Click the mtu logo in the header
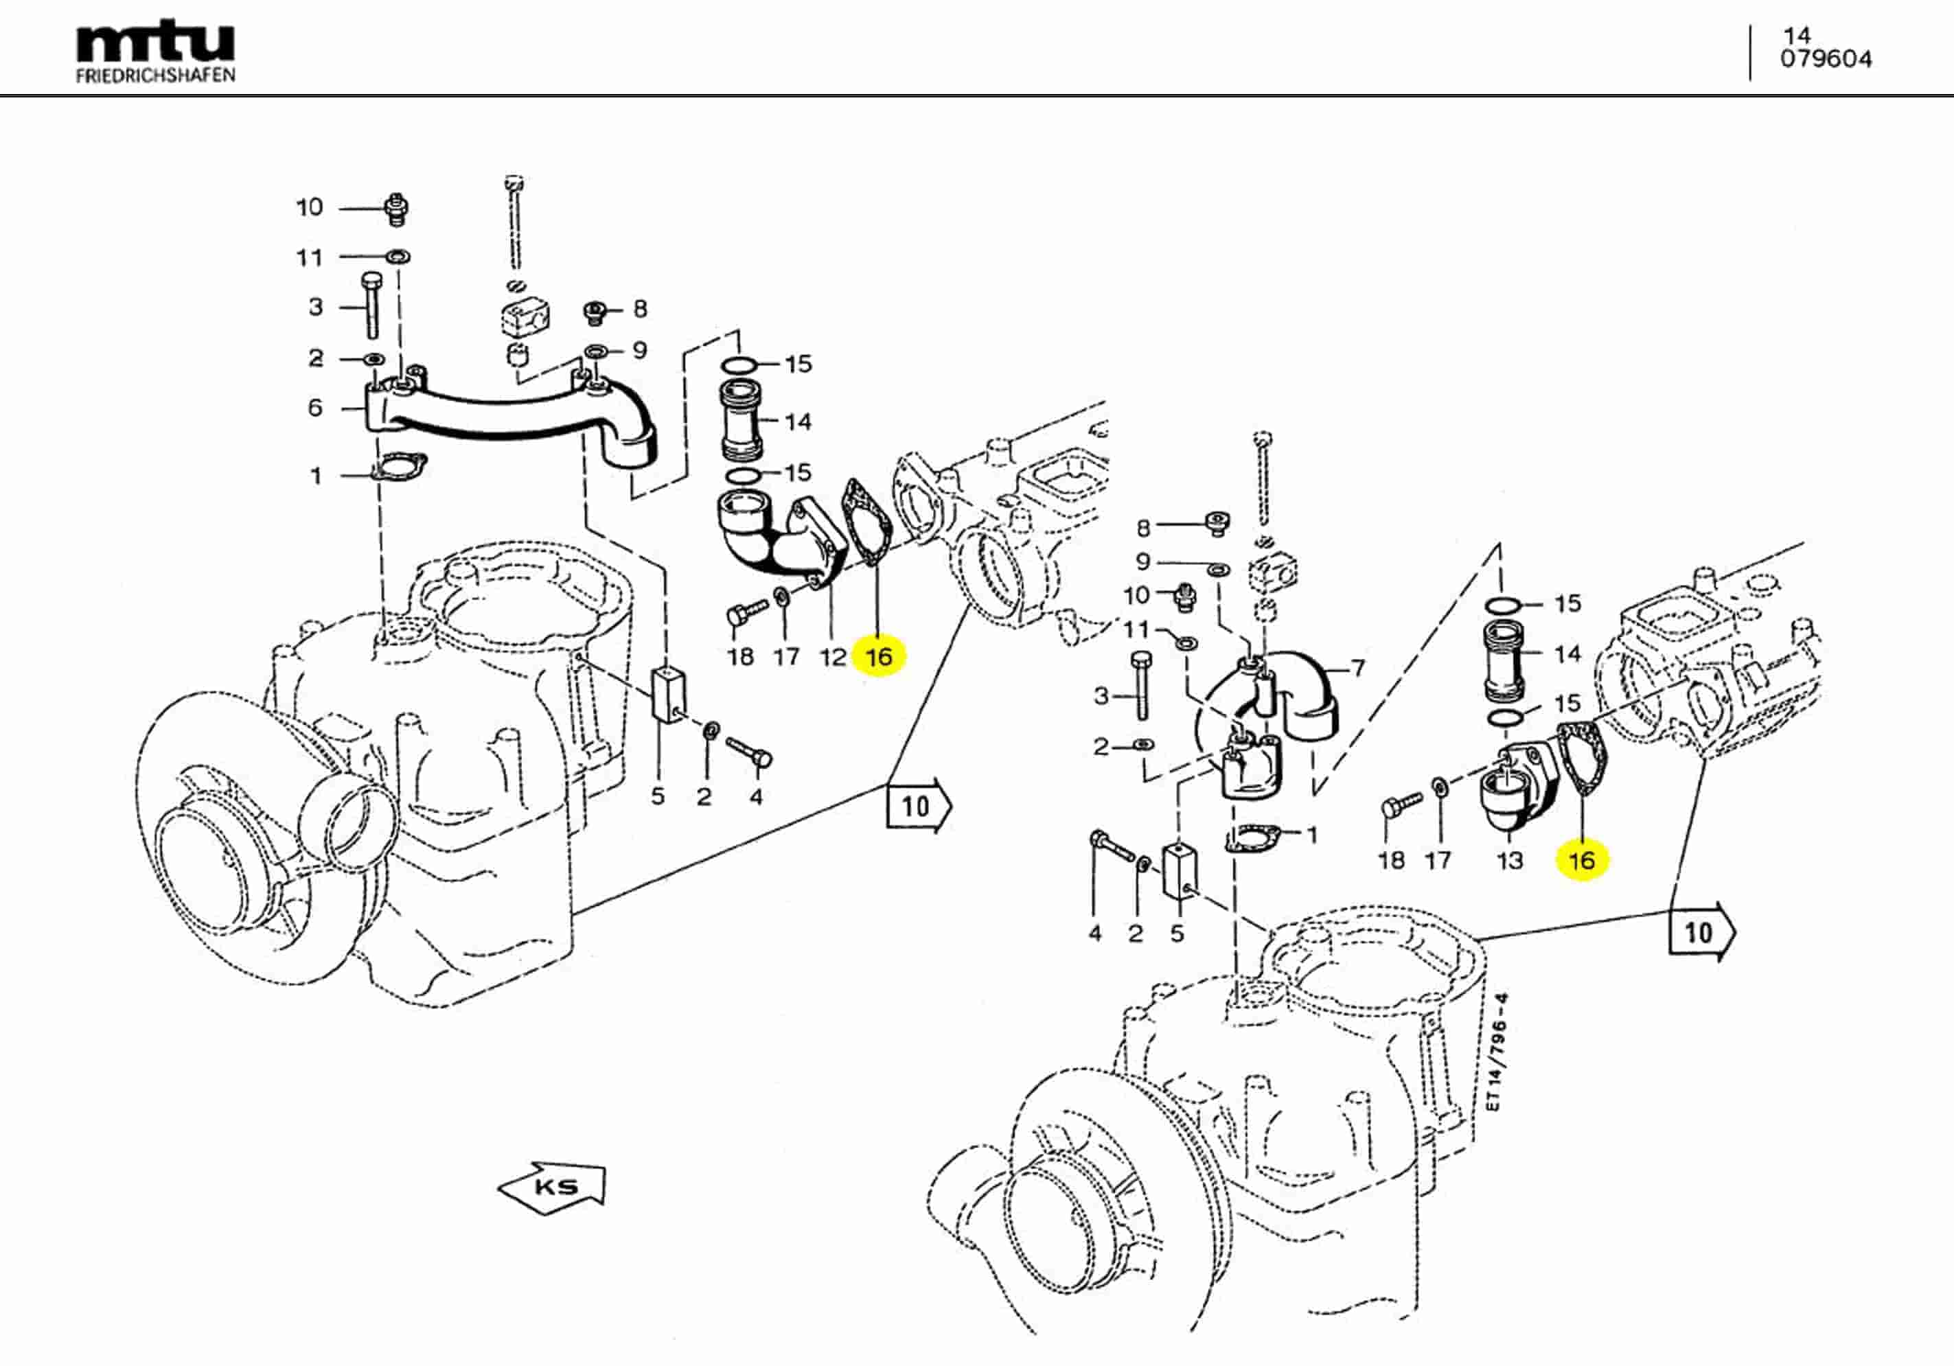[x=155, y=43]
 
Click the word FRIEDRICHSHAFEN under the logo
[x=155, y=76]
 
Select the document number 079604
[x=1826, y=59]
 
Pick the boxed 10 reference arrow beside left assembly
[x=917, y=805]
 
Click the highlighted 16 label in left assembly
[x=878, y=656]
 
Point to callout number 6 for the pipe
[x=315, y=408]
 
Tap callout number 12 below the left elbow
[x=832, y=656]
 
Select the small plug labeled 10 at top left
[x=395, y=209]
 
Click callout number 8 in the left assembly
[x=640, y=308]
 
